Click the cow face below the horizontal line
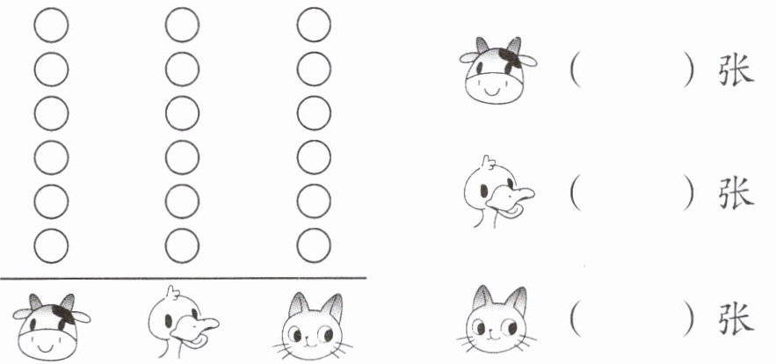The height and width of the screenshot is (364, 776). coord(52,327)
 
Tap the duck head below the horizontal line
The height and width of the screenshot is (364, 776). coord(182,322)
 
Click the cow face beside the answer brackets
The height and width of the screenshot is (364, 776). coord(497,70)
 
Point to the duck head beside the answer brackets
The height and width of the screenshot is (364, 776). coord(498,192)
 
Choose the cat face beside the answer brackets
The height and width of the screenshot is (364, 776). coord(497,319)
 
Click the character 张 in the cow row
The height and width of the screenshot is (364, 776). coord(736,70)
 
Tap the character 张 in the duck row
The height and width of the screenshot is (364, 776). coord(736,193)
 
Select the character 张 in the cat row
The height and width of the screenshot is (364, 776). coord(736,318)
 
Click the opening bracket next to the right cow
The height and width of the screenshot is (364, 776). coord(575,70)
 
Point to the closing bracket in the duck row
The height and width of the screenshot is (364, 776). coord(689,193)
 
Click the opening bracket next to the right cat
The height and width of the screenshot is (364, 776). coord(575,318)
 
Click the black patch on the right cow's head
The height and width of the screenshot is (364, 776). coord(511,58)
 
